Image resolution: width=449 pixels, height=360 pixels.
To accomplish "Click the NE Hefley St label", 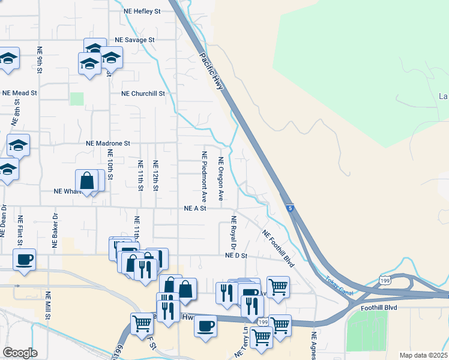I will (x=142, y=11).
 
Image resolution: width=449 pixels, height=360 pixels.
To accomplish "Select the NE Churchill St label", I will (x=142, y=94).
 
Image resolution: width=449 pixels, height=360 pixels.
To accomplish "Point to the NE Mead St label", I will (x=20, y=93).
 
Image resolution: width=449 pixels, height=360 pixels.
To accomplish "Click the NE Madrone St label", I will (x=108, y=143).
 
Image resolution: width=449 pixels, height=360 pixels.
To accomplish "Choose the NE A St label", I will (x=195, y=208).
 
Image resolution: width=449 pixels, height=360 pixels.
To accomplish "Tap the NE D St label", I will (x=237, y=256).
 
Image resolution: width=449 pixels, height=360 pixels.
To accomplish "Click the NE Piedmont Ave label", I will (x=204, y=176).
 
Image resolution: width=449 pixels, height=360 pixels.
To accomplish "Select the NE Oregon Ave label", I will (x=221, y=178).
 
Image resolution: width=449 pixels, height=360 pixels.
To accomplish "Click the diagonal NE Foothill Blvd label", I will (x=280, y=246).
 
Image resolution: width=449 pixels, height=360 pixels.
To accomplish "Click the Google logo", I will (x=20, y=353).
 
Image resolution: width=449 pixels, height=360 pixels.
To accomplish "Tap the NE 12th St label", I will (x=155, y=175).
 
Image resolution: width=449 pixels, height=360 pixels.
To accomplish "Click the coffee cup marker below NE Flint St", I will (x=24, y=260).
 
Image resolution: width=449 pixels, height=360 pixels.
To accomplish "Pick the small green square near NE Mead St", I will (x=77, y=98).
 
